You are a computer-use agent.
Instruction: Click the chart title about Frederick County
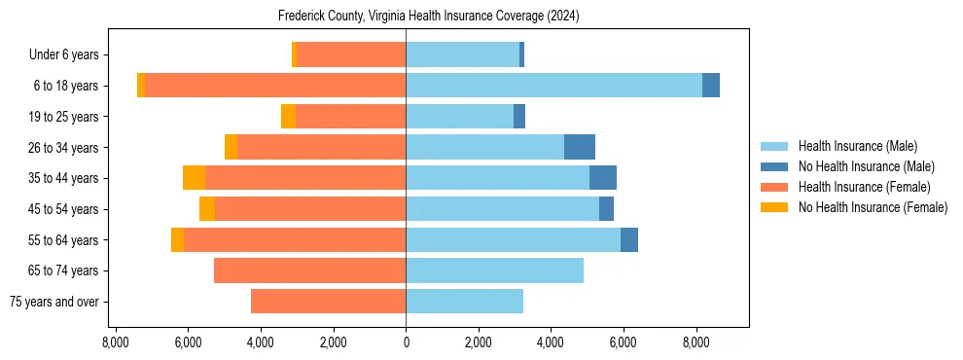tap(428, 17)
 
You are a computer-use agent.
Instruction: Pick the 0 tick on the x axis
tap(406, 342)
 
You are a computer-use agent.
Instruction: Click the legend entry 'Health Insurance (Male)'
tap(857, 146)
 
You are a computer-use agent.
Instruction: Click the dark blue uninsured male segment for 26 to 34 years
tap(580, 147)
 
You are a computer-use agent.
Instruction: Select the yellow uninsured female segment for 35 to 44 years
tap(194, 178)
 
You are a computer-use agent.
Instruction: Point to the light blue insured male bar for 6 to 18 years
tap(553, 86)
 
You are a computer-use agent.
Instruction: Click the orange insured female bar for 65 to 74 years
tap(309, 270)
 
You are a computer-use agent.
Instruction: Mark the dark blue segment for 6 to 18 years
tap(711, 86)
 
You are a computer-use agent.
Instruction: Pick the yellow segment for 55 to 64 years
tap(177, 240)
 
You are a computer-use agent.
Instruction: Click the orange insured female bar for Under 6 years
tap(351, 54)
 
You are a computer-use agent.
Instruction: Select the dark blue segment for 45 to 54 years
tap(606, 209)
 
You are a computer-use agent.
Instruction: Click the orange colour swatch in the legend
tap(774, 187)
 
